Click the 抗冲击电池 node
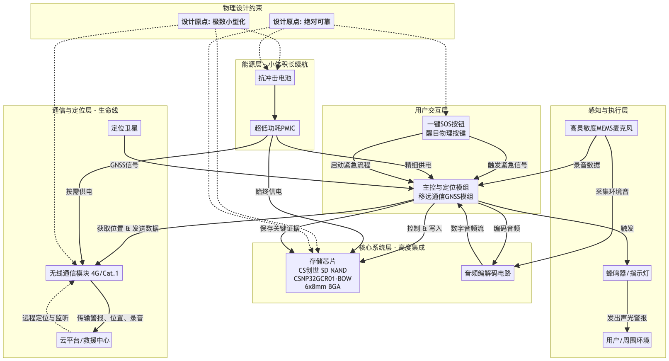pyautogui.click(x=274, y=78)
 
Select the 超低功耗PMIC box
pyautogui.click(x=274, y=128)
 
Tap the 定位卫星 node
pyautogui.click(x=124, y=128)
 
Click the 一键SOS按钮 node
pyautogui.click(x=446, y=128)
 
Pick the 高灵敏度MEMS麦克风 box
pyautogui.click(x=601, y=128)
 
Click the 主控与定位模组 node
pyautogui.click(x=446, y=192)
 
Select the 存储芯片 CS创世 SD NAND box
pyautogui.click(x=322, y=273)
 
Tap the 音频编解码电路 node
pyautogui.click(x=487, y=273)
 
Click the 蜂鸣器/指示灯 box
pyautogui.click(x=628, y=273)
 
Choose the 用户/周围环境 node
pyautogui.click(x=628, y=340)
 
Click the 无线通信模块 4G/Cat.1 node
pyautogui.click(x=84, y=273)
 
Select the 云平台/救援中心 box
pyautogui.click(x=85, y=340)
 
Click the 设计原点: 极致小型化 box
pyautogui.click(x=213, y=22)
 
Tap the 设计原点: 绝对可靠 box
pyautogui.click(x=301, y=22)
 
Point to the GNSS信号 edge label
pyautogui.click(x=124, y=165)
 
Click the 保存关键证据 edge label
pyautogui.click(x=279, y=228)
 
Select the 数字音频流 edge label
pyautogui.click(x=467, y=228)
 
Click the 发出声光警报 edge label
pyautogui.click(x=627, y=318)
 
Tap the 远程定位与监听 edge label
pyautogui.click(x=45, y=318)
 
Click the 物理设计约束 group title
pyautogui.click(x=242, y=8)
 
